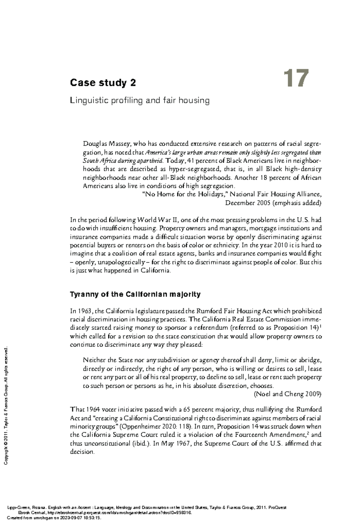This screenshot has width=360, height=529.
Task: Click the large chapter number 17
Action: (296, 79)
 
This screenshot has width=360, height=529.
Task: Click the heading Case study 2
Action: (103, 83)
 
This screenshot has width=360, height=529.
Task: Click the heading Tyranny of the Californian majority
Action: (135, 294)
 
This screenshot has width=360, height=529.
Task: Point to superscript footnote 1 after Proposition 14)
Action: (321, 326)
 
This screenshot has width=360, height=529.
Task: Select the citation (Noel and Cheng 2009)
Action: (288, 394)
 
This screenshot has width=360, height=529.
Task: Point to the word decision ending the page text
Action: (82, 452)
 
